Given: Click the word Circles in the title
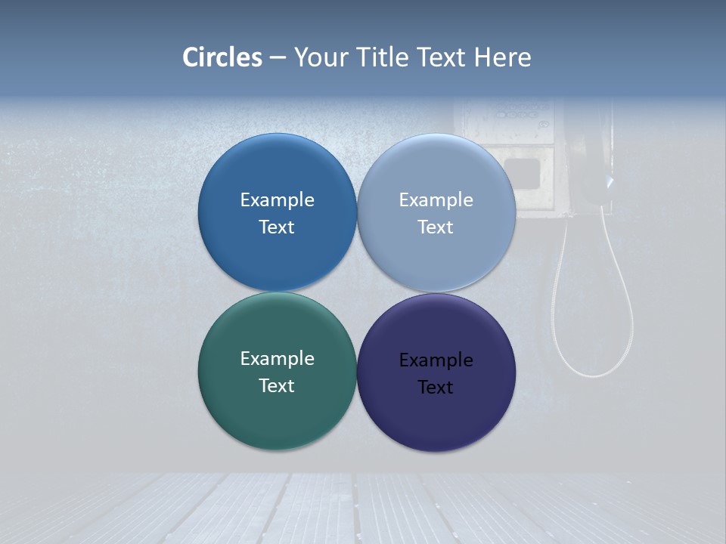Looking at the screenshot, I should tap(222, 57).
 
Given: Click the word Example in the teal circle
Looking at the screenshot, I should tap(278, 359).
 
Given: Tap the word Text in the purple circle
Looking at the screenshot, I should tap(436, 388).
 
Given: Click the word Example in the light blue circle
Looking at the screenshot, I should tap(436, 200).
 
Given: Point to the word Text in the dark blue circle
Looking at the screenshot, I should tap(277, 227).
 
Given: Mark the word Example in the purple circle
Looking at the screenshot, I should tap(436, 360).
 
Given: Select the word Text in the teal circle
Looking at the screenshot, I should tap(277, 386).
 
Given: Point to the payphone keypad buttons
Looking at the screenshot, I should tap(520, 113).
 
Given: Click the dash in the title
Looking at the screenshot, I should tap(278, 57).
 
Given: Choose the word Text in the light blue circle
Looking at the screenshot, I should tap(436, 227).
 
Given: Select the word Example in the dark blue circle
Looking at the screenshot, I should tap(278, 200).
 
